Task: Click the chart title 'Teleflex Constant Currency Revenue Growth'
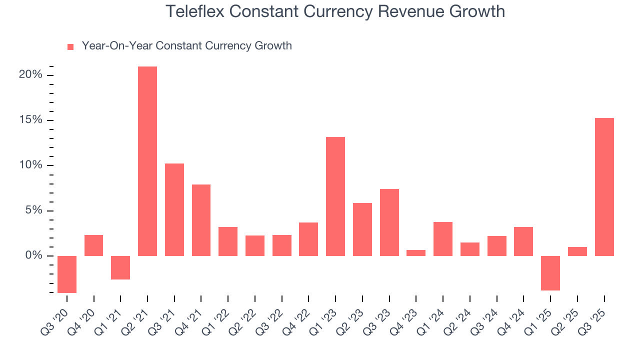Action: coord(335,11)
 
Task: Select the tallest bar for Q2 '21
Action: coord(147,161)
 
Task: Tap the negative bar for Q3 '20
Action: coord(67,274)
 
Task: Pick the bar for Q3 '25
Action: coord(604,187)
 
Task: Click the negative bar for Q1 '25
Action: coord(550,273)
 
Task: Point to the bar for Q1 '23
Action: coord(335,196)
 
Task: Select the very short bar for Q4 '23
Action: coord(416,253)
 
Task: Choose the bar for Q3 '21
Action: coord(174,209)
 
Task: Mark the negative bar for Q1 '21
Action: coord(120,267)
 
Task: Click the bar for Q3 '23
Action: coord(389,222)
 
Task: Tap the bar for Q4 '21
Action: coord(201,220)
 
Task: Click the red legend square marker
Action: coord(70,46)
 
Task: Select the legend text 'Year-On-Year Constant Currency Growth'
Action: coord(186,46)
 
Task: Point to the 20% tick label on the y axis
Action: coord(30,75)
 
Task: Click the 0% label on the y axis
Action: coord(33,255)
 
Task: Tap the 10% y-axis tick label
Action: coord(30,165)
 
